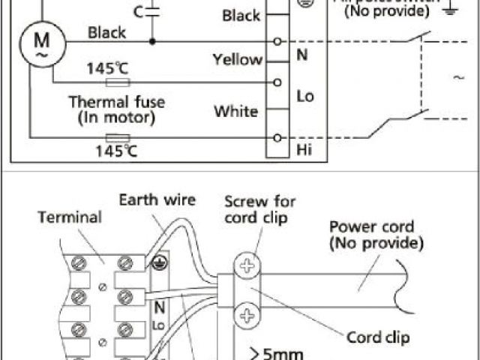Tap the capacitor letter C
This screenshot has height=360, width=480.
(x=136, y=12)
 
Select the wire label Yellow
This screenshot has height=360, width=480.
(x=237, y=60)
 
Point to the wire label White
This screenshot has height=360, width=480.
(x=235, y=112)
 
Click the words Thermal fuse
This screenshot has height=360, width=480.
(x=116, y=101)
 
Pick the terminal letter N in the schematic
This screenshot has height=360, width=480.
(x=302, y=55)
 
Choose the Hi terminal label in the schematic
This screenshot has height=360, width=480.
(x=304, y=150)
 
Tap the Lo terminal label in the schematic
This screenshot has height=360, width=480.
(x=305, y=97)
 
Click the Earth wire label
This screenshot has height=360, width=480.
(x=157, y=199)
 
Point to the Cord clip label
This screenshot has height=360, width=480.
(x=378, y=338)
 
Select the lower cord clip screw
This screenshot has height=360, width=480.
(x=247, y=313)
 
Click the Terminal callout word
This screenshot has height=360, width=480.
(x=69, y=217)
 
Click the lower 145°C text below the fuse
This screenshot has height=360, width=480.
(x=116, y=150)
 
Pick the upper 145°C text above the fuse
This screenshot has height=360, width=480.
(x=108, y=68)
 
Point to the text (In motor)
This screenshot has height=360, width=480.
(x=116, y=117)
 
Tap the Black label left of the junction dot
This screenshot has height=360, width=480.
(x=107, y=33)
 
